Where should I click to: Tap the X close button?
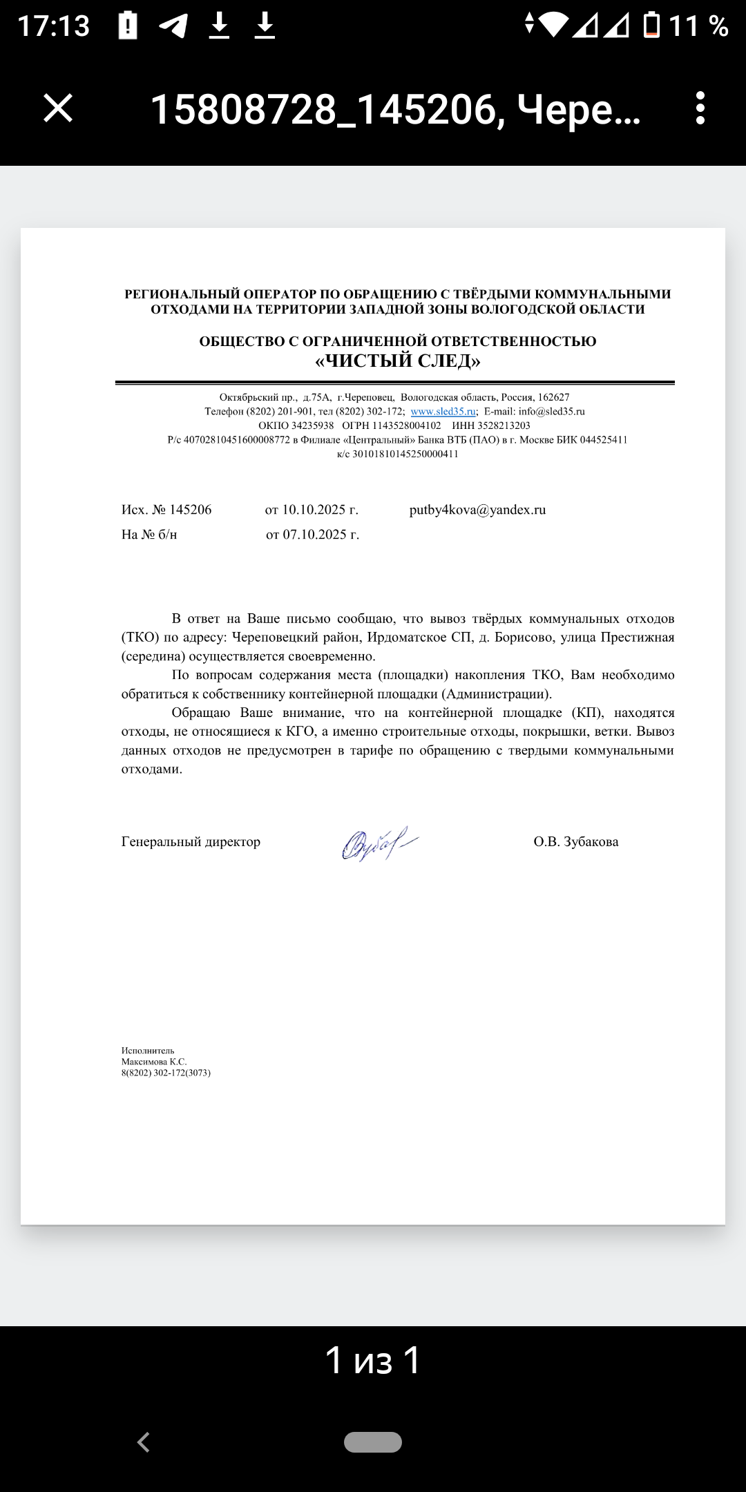[58, 108]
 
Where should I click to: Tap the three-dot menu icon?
[700, 108]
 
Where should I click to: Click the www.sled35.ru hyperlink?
[443, 412]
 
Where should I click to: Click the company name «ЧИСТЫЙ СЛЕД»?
[398, 361]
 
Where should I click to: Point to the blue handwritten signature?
[379, 843]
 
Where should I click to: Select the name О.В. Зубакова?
[575, 842]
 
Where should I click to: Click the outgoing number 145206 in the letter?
[191, 510]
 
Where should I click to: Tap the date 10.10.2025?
[314, 510]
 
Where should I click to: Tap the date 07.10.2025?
[314, 535]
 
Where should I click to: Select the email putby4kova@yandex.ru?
[477, 510]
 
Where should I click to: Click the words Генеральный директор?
[191, 842]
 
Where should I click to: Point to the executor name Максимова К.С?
[154, 1062]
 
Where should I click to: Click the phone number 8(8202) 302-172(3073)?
[166, 1073]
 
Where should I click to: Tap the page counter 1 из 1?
[373, 1360]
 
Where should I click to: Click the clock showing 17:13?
[54, 26]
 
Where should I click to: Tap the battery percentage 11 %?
[698, 26]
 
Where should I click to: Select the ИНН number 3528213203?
[504, 425]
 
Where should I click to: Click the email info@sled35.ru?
[551, 412]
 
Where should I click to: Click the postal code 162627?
[554, 397]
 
